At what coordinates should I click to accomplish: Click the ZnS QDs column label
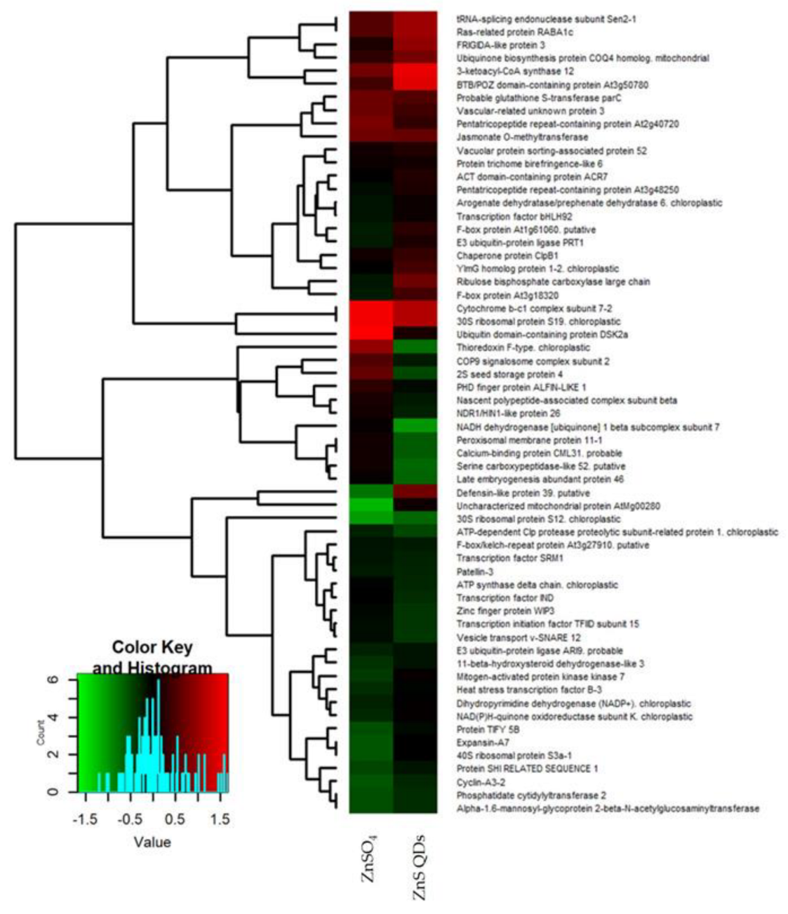(419, 868)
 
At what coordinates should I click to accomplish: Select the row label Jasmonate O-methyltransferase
(522, 137)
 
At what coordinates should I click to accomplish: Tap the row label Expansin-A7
(482, 742)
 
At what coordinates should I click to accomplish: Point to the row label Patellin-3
(475, 572)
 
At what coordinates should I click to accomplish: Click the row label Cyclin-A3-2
(480, 782)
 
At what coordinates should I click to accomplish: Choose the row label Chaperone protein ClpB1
(507, 256)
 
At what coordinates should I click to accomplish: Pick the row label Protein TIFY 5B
(488, 729)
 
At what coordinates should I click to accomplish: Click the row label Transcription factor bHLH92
(514, 216)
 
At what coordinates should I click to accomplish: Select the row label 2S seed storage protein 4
(509, 374)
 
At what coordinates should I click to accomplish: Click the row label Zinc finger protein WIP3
(505, 611)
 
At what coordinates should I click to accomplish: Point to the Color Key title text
(152, 648)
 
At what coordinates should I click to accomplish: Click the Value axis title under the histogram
(152, 842)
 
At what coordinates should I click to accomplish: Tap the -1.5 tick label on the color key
(85, 819)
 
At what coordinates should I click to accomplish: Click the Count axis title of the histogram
(41, 732)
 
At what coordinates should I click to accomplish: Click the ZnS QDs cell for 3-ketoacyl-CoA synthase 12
(415, 72)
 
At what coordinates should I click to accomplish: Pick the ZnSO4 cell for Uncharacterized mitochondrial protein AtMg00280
(371, 506)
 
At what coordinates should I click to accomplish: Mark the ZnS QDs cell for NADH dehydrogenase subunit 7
(415, 426)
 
